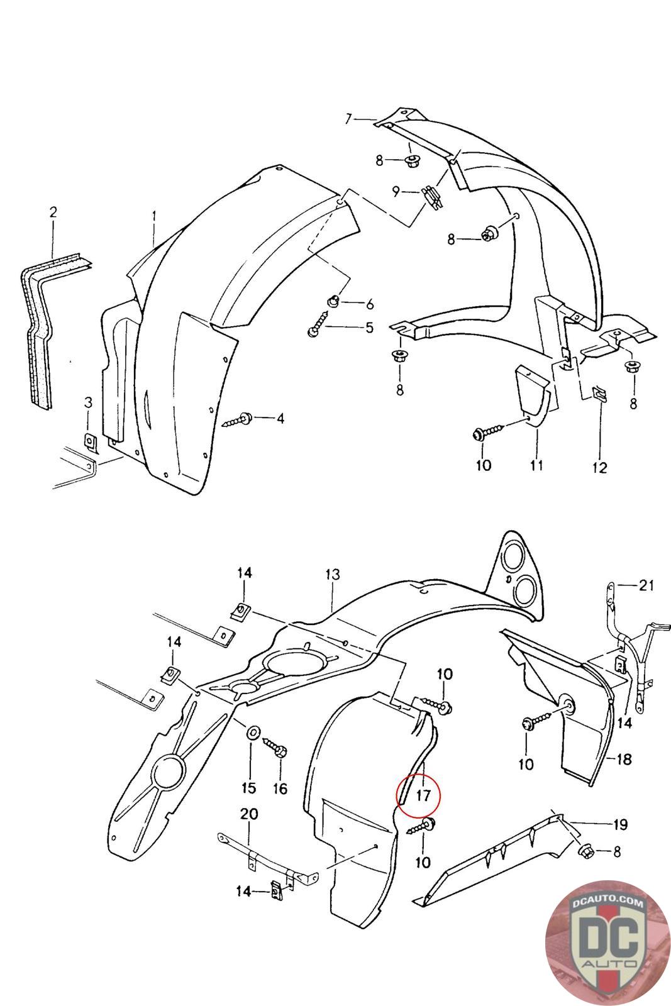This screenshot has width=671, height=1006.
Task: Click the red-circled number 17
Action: (423, 795)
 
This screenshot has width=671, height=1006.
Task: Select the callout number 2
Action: (53, 212)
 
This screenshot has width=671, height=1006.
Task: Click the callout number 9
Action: (396, 191)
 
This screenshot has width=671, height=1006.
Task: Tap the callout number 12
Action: (599, 467)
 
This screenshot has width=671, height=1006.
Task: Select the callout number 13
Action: (332, 574)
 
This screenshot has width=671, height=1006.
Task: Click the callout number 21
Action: (646, 585)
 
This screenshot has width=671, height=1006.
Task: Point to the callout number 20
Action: (249, 815)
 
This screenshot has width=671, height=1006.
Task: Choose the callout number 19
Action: (620, 824)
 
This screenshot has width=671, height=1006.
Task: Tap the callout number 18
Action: (623, 759)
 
